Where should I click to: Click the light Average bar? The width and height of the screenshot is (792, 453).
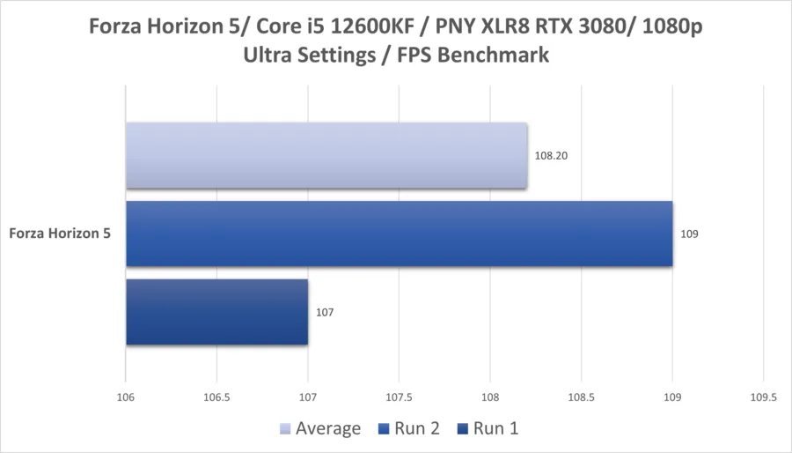tap(326, 156)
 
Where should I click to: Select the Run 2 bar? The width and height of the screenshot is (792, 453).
tap(399, 234)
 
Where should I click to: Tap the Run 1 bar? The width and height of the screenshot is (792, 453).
tap(217, 312)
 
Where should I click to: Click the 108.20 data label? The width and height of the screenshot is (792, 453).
tap(551, 156)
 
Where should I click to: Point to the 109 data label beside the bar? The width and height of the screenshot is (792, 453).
tap(689, 234)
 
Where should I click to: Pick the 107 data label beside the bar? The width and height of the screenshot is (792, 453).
tap(325, 313)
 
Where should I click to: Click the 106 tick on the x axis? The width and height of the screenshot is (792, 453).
tap(126, 397)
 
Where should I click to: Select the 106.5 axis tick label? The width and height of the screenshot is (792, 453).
tap(216, 397)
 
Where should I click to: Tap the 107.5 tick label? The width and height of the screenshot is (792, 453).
tap(399, 397)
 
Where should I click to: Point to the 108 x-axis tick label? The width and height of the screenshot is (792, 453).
tap(490, 397)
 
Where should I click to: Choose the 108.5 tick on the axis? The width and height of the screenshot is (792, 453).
tap(582, 397)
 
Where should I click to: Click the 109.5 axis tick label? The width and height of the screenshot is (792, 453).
tap(763, 397)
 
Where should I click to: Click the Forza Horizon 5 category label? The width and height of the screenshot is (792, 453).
tap(60, 233)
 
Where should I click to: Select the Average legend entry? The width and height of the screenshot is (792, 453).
tap(320, 428)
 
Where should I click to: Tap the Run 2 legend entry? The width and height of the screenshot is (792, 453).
tap(409, 428)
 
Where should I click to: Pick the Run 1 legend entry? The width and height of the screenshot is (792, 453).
tap(488, 428)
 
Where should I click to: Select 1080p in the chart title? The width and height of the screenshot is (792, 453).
tap(672, 27)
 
